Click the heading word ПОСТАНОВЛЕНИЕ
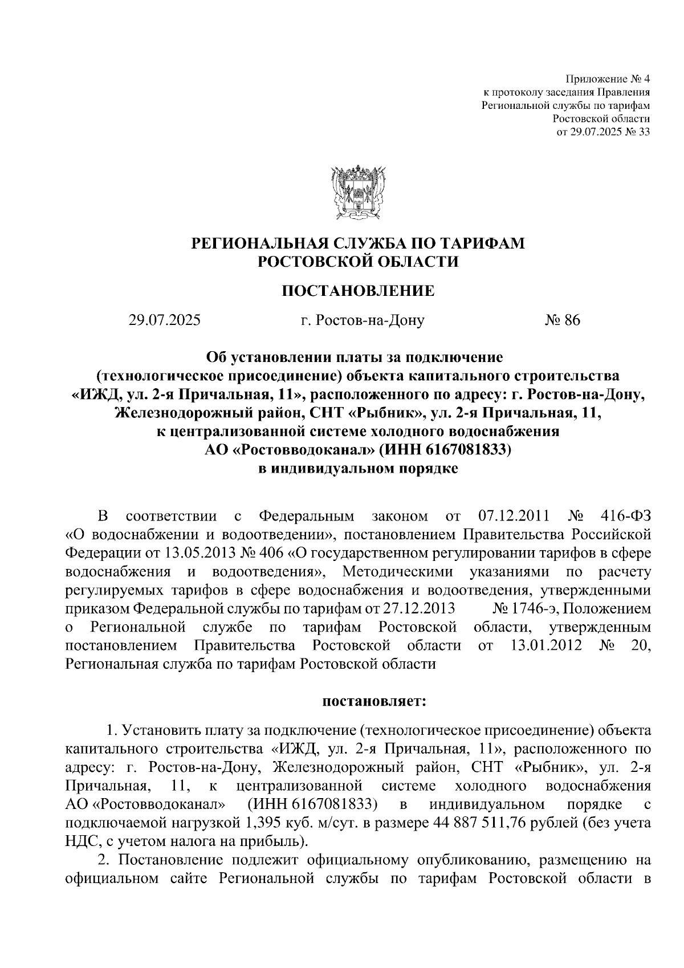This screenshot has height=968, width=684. (358, 291)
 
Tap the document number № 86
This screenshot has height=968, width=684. (562, 320)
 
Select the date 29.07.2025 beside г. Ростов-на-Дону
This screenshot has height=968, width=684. (164, 320)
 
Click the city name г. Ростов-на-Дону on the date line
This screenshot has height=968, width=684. (363, 320)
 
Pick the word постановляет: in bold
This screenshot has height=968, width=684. (374, 701)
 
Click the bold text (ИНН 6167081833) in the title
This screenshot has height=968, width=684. (445, 450)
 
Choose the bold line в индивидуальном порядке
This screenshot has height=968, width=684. (358, 469)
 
